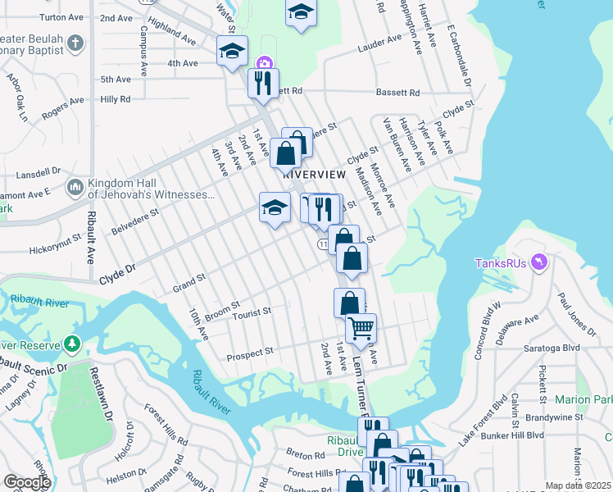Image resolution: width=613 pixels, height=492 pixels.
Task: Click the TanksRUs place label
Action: [501, 263]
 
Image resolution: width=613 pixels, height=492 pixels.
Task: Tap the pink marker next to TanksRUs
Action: [538, 262]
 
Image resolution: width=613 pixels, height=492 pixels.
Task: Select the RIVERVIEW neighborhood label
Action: [311, 175]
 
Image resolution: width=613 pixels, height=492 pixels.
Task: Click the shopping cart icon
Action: [361, 329]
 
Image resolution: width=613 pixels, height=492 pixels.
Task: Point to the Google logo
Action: [27, 482]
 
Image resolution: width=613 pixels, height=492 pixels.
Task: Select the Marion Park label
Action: [583, 399]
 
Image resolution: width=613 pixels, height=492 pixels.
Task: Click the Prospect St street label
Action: [249, 353]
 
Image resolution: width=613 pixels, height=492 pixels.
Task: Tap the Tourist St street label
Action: [251, 313]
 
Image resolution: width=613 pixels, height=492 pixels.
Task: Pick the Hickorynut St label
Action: [57, 247]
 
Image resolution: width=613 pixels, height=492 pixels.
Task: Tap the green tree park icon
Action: [75, 342]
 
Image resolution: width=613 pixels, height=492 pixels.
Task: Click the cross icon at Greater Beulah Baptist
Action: [75, 43]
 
